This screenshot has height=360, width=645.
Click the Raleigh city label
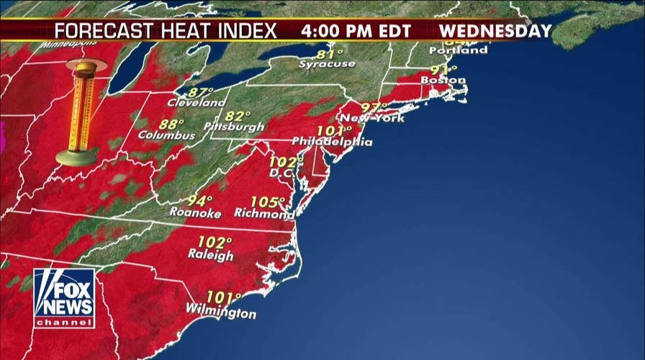[211, 256]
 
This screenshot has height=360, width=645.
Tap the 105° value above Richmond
[268, 202]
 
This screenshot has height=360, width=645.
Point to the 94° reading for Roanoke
[200, 200]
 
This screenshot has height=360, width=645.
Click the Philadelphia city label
[332, 142]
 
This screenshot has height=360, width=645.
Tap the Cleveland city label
[196, 103]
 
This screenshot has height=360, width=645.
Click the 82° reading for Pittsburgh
[238, 115]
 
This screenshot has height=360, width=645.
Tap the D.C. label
[279, 173]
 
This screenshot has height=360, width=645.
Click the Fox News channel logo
[63, 298]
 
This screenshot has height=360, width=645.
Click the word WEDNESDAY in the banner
[495, 31]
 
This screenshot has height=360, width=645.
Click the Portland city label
[458, 50]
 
